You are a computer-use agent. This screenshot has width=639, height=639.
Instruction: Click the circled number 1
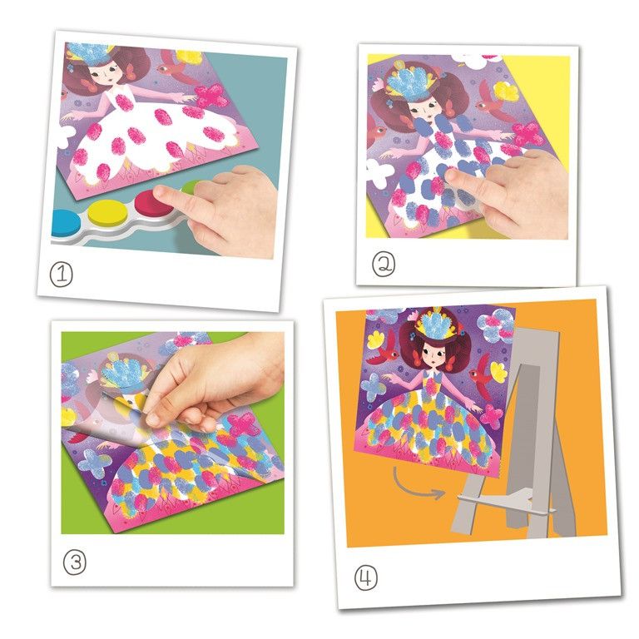pos(61,274)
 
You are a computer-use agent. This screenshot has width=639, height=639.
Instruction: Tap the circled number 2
pos(384,264)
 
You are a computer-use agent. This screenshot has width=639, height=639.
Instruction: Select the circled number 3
pos(75,562)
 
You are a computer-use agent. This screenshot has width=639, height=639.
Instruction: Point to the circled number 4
pos(365,578)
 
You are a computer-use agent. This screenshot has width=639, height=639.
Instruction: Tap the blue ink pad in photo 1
pos(66,223)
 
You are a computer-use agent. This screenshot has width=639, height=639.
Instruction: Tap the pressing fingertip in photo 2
pos(453,177)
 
